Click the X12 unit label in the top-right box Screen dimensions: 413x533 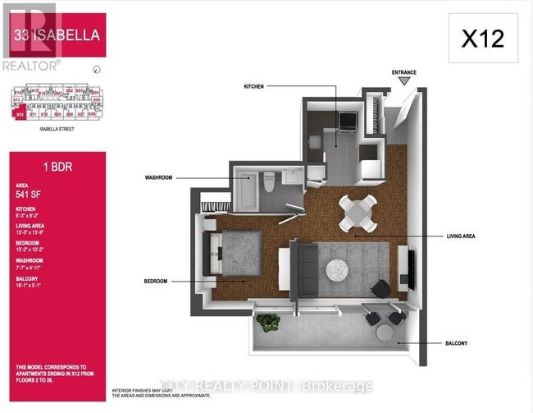click(482, 39)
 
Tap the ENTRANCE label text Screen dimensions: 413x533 click(404, 72)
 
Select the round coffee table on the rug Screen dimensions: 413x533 click(338, 268)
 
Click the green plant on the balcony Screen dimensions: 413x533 click(268, 323)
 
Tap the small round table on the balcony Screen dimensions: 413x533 click(385, 332)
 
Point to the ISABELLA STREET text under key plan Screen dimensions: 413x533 click(57, 129)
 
